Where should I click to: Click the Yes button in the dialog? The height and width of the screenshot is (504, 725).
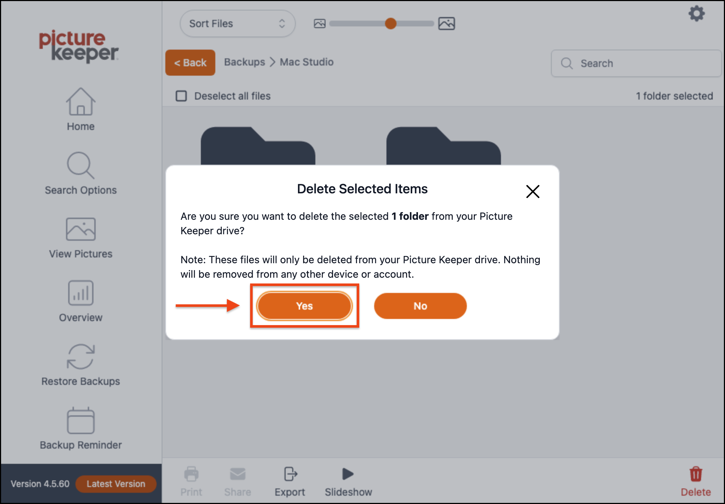point(304,306)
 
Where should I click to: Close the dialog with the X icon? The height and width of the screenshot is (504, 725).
point(533,192)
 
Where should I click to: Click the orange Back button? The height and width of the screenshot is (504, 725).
point(190,63)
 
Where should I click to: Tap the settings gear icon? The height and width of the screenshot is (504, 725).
point(696,14)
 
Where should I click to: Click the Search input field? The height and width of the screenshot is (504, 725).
point(636,63)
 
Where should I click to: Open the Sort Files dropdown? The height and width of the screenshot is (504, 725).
point(237,24)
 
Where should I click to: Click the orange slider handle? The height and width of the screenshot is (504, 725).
point(390,24)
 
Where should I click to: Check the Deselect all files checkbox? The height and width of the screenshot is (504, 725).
point(181,96)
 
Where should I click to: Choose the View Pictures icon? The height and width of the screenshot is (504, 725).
point(80,229)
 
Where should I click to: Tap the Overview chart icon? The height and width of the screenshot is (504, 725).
point(80,293)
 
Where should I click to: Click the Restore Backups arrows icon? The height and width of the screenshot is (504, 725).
point(80,357)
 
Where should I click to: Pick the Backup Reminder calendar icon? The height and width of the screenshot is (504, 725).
point(80,420)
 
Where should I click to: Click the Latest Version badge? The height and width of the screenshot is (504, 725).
point(116,484)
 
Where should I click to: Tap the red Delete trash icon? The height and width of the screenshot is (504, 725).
point(696,474)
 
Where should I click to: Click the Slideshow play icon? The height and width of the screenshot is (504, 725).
point(348,474)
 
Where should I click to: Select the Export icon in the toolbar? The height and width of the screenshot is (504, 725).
point(290,474)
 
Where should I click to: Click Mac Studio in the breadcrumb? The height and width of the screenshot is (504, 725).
point(307,62)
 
